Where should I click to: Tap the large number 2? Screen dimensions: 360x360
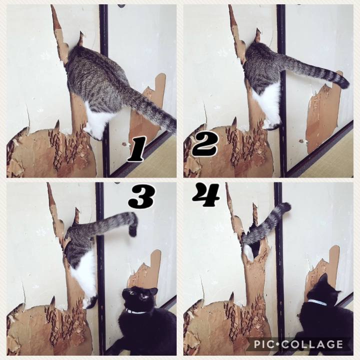click(204, 145)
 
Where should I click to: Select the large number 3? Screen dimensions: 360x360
click(141, 197)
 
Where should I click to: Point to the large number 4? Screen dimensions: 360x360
click(206, 194)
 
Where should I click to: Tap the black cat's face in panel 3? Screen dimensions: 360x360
click(139, 297)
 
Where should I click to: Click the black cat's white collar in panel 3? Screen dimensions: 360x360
click(136, 311)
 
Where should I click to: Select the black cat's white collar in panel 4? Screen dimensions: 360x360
click(317, 302)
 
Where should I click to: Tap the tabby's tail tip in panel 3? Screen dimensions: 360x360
click(133, 231)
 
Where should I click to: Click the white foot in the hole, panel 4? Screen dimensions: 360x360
click(248, 252)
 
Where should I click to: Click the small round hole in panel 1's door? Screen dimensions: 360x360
click(124, 144)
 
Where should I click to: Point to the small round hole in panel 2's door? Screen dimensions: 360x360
click(301, 140)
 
